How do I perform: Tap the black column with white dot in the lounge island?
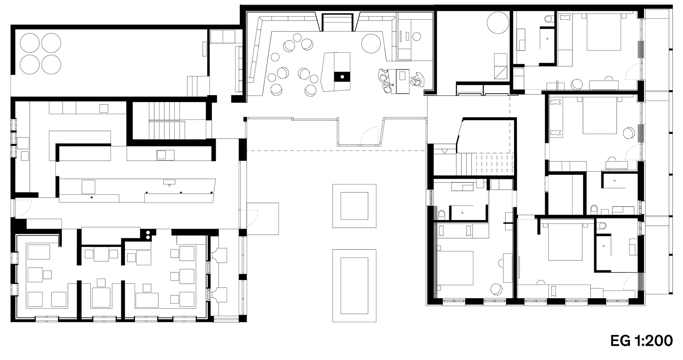pyautogui.click(x=342, y=76)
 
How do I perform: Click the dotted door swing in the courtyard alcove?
pyautogui.click(x=368, y=136)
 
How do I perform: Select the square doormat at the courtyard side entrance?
pyautogui.click(x=263, y=218)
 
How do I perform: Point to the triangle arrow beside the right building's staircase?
pyautogui.click(x=444, y=151)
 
